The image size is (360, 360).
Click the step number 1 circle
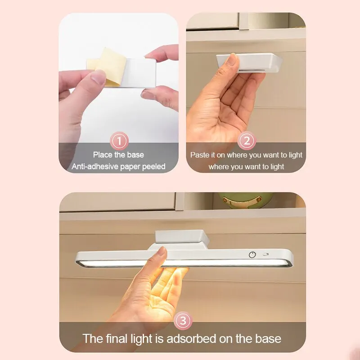tap(119, 141)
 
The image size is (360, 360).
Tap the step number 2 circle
tap(246, 141)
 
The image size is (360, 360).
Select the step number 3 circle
tap(183, 321)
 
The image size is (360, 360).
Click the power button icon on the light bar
tap(252, 255)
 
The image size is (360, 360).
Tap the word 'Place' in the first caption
tap(103, 155)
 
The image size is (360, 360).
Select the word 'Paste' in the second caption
tap(200, 155)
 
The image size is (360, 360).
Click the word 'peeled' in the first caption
tap(153, 166)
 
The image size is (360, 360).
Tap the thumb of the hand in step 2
tap(232, 65)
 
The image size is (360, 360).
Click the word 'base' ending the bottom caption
tap(266, 338)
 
